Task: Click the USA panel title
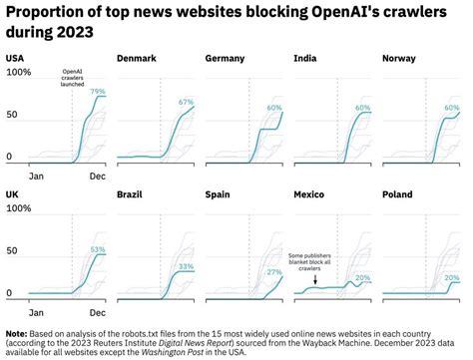tap(15, 58)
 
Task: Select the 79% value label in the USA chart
tap(98, 92)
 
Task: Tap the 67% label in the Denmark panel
tap(186, 103)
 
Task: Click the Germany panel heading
tap(225, 58)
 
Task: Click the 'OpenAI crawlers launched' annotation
tap(73, 78)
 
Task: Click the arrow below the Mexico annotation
tap(315, 281)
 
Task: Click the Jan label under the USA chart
tap(36, 176)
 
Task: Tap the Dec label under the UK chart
tap(97, 311)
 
